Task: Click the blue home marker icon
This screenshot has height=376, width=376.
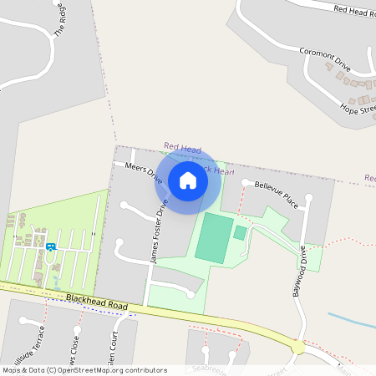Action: click(188, 180)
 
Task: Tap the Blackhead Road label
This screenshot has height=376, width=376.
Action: click(96, 302)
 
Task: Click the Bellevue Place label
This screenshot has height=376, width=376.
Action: click(277, 194)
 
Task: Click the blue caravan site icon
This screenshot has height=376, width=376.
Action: click(51, 246)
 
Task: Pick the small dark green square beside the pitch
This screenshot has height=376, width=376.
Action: click(240, 232)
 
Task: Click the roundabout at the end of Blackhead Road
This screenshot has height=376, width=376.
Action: click(298, 346)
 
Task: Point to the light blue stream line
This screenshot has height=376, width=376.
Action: click(351, 321)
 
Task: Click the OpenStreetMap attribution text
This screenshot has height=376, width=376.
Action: click(84, 370)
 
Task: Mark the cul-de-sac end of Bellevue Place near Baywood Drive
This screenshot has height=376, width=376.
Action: click(309, 198)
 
